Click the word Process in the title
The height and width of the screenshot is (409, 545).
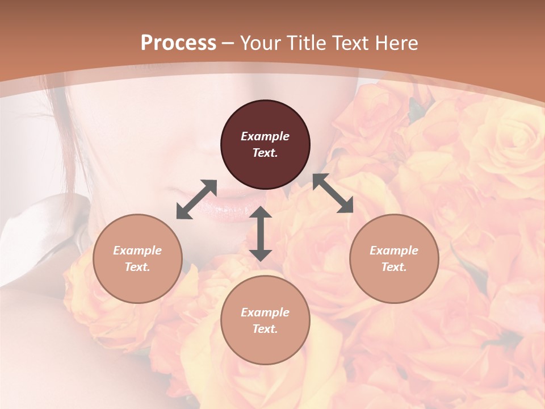[x=178, y=43]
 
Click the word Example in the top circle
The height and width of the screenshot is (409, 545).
[x=265, y=136]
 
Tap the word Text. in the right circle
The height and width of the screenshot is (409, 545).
[x=394, y=267]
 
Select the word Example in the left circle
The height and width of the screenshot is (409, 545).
[x=137, y=251]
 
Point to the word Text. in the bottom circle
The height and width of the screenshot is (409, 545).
[x=265, y=329]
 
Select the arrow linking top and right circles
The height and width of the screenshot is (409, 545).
[x=333, y=193]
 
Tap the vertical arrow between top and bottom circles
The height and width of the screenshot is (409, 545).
[x=261, y=233]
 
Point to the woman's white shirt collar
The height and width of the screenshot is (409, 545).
[x=40, y=227]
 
